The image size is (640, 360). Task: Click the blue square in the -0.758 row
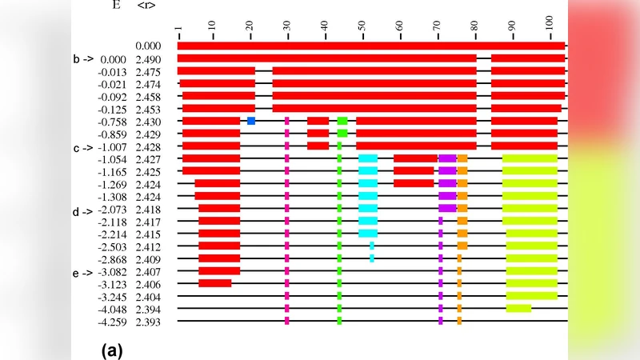(x=251, y=121)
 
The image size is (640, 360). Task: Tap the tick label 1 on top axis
(x=178, y=32)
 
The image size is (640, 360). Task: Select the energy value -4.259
(x=112, y=322)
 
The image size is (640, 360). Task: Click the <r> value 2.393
(x=148, y=322)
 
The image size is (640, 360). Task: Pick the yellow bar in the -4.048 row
(x=518, y=308)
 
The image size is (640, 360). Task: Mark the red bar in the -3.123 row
(x=215, y=283)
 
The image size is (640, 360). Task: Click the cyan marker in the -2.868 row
(x=372, y=258)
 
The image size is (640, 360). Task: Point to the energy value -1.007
(x=112, y=146)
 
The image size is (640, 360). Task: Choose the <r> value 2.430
(x=148, y=122)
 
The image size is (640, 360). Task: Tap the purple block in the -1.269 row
(x=447, y=183)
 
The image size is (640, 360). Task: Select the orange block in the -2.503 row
(x=462, y=246)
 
